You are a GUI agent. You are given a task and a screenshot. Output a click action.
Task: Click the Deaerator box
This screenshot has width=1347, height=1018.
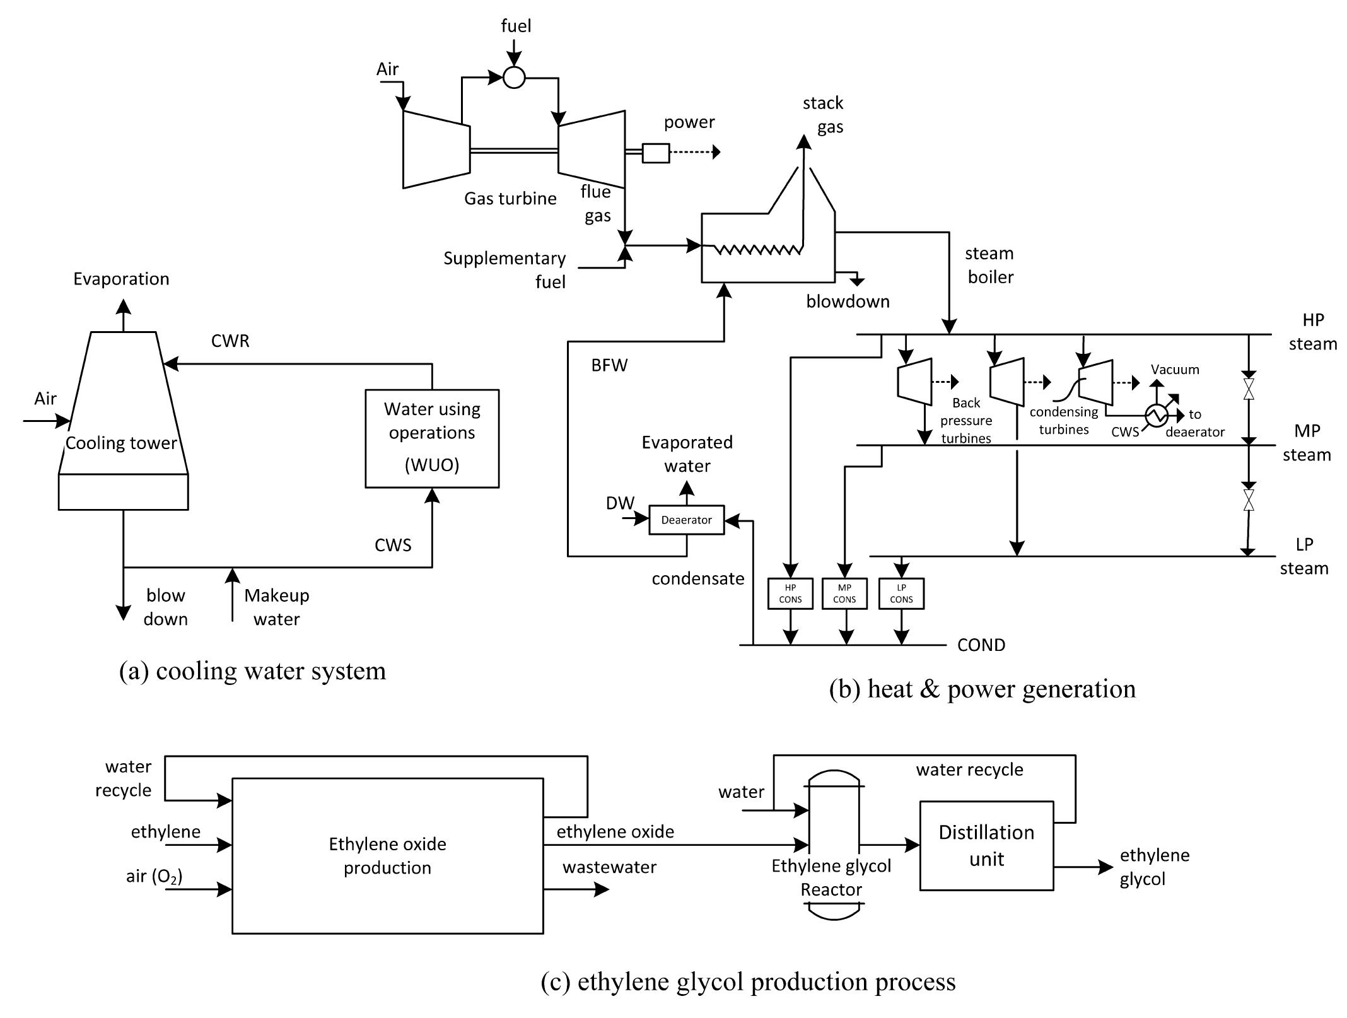686,520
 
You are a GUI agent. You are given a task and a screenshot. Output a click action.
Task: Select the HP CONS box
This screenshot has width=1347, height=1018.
790,594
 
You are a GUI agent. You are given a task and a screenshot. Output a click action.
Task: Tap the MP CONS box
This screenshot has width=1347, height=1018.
844,594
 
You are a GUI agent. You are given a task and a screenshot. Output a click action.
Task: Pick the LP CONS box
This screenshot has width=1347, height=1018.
901,594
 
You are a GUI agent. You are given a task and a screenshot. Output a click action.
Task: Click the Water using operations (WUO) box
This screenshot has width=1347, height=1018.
432,438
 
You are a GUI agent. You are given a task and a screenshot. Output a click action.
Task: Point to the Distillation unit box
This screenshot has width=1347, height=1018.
986,845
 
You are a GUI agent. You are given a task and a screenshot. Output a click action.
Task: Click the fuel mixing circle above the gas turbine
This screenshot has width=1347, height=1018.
514,78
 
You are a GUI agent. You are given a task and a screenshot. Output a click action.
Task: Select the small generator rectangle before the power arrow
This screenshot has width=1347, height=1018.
656,153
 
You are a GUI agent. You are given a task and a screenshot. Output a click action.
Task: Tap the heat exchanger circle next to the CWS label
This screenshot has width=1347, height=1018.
1157,415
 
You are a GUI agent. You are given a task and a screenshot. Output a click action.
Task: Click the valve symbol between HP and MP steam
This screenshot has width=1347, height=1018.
1248,389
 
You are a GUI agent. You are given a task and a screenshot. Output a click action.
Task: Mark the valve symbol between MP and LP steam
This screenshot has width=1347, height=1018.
1248,500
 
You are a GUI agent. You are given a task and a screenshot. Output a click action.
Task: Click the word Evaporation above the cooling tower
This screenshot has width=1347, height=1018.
121,279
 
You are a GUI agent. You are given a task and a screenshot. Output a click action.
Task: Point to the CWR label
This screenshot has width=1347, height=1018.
230,341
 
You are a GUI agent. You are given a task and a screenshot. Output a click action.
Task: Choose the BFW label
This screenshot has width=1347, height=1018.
609,365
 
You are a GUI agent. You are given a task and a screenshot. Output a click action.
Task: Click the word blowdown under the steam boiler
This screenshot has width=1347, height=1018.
848,301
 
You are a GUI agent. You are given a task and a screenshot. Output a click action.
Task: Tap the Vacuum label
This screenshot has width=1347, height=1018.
1175,370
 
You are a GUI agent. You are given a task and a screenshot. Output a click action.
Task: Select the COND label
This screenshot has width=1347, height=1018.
981,645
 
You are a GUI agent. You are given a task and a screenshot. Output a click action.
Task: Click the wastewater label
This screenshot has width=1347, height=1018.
609,867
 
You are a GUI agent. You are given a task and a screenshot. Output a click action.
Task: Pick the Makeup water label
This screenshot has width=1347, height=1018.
276,607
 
